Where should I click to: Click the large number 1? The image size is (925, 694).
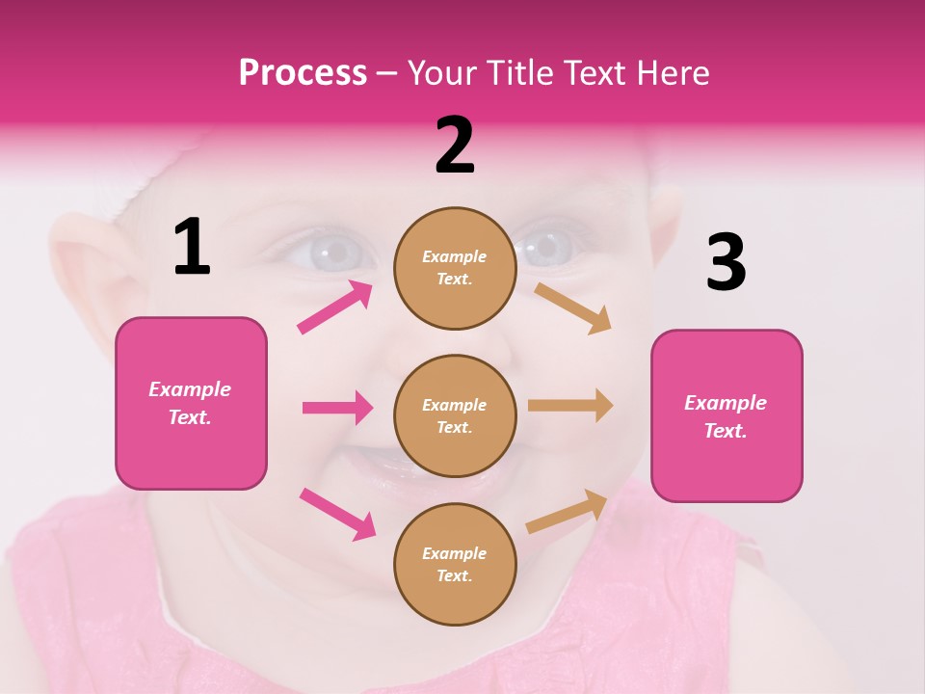[x=192, y=247]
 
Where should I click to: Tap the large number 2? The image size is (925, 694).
[x=455, y=146]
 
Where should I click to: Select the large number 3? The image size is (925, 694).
[x=726, y=262]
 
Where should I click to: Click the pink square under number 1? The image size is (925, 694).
[x=191, y=403]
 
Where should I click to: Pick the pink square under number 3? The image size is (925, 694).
[x=727, y=415]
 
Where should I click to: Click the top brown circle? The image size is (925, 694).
[x=455, y=268]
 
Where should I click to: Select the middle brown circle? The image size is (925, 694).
[x=455, y=415]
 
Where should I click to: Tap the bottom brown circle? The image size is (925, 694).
[x=455, y=564]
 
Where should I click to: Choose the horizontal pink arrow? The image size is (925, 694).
[x=338, y=408]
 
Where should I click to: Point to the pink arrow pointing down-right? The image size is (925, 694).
[x=338, y=513]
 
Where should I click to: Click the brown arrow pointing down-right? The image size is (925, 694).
[x=573, y=307]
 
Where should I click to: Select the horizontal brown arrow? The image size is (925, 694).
[x=570, y=405]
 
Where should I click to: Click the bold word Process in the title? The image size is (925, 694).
[x=303, y=72]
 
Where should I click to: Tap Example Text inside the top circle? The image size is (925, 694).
[x=455, y=268]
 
